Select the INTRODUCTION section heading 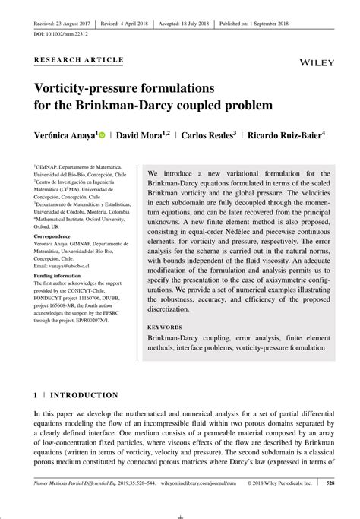coord(84,395)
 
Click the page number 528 coord(330,502)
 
